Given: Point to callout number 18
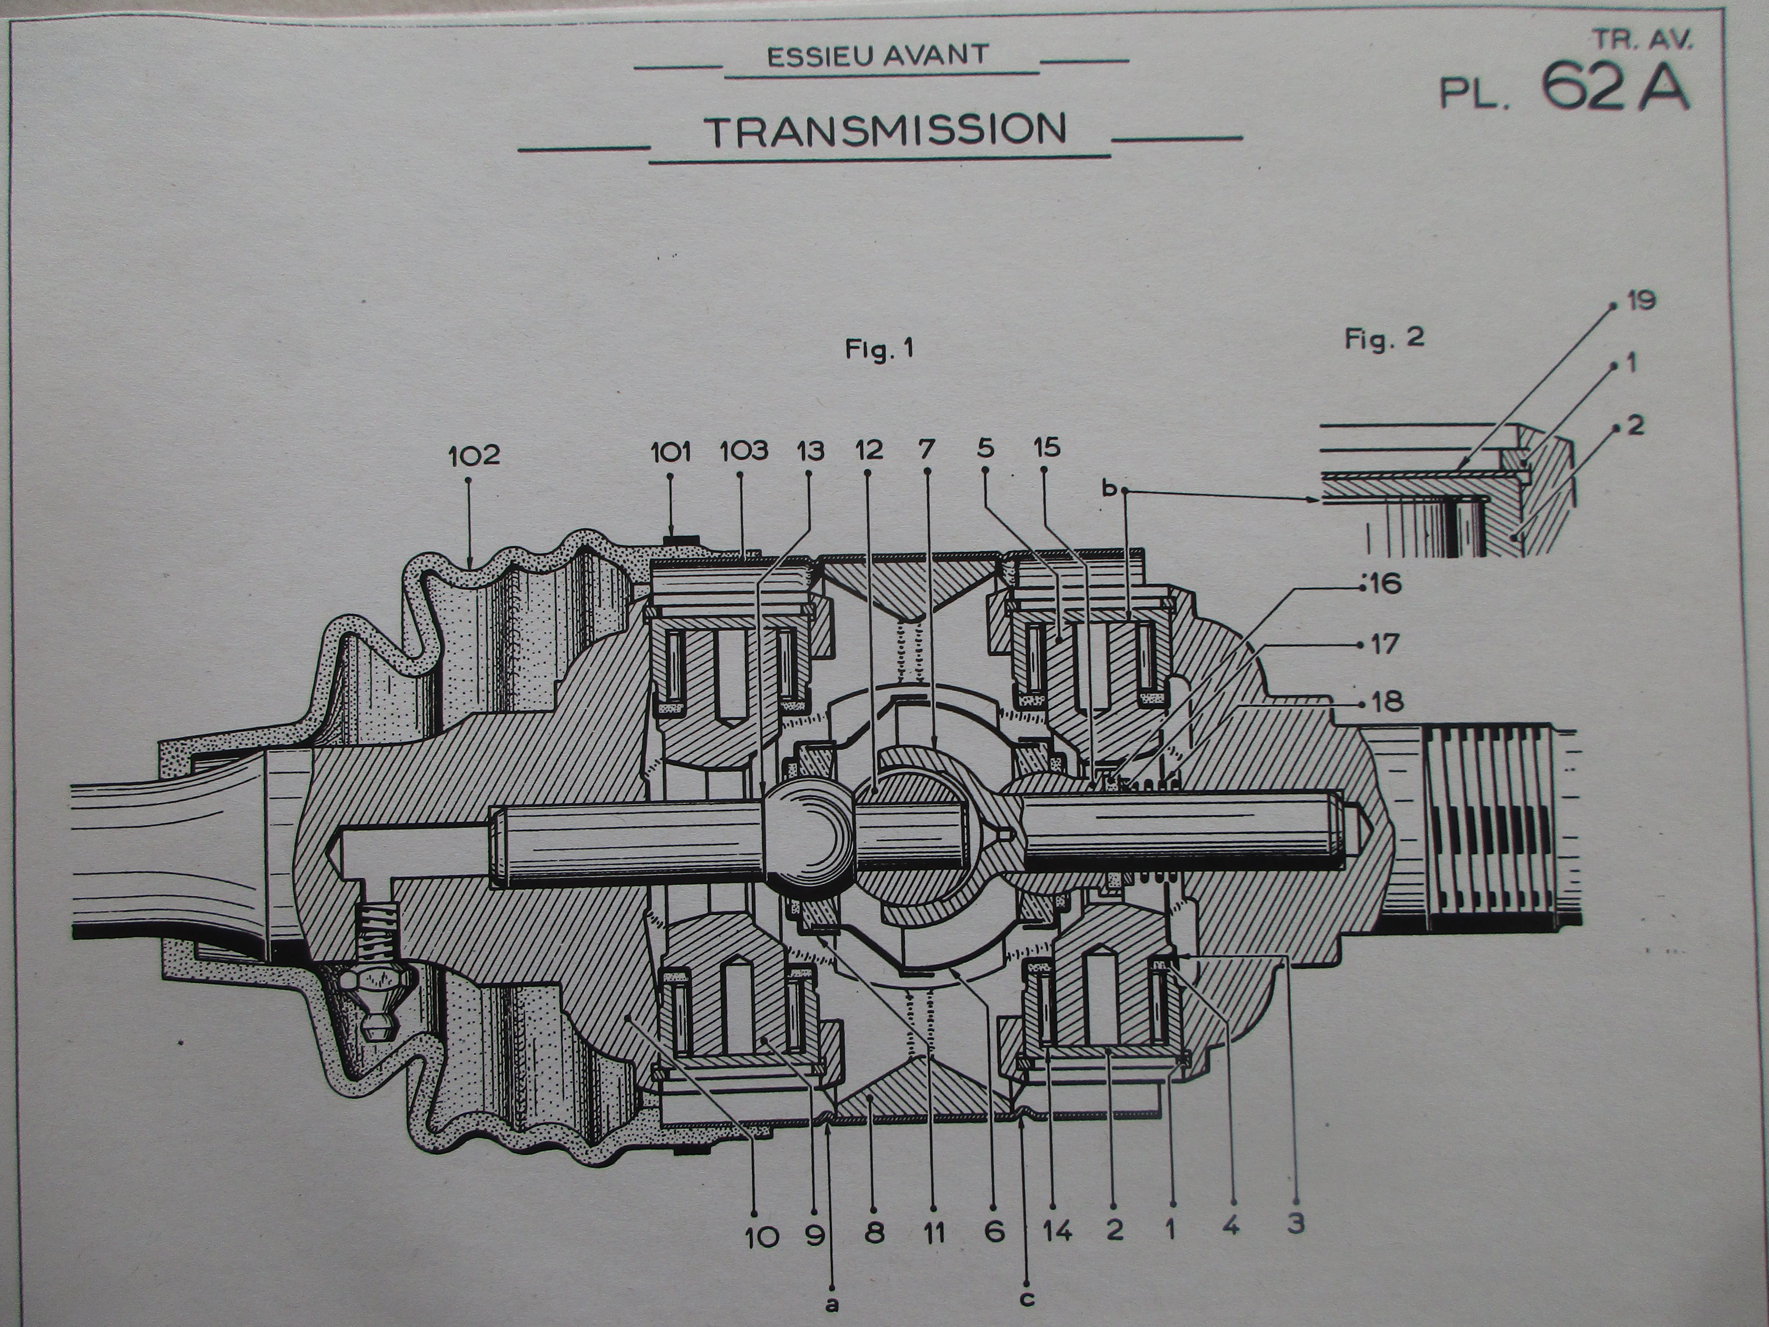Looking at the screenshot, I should pyautogui.click(x=1388, y=702).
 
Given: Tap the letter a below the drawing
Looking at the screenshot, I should pyautogui.click(x=833, y=1304).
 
